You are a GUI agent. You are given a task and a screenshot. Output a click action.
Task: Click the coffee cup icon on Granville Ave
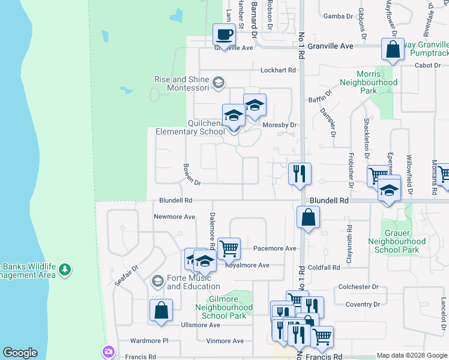tap(224, 35)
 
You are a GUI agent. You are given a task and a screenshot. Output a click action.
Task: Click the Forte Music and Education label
tap(189, 282)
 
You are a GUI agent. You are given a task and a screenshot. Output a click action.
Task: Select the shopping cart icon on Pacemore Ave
tap(229, 247)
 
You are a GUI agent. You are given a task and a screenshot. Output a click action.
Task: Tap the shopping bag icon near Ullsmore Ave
tap(161, 311)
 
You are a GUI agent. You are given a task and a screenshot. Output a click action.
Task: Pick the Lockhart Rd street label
tap(279, 70)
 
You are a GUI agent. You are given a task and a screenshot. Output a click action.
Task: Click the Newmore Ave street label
tap(175, 217)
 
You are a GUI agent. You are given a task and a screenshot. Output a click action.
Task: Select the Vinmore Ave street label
tap(225, 341)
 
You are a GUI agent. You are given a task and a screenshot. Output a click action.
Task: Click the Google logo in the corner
tap(20, 353)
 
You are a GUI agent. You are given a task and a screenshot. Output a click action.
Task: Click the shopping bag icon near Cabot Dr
tap(393, 51)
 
